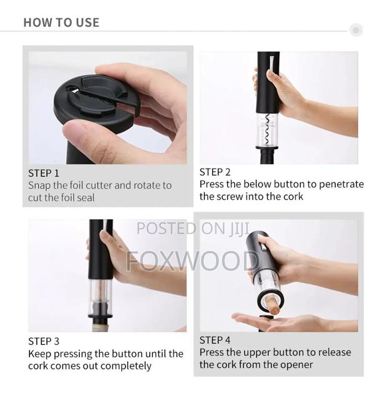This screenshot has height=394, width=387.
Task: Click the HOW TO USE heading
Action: (x=61, y=22)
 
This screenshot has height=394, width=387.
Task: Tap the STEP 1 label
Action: (x=44, y=173)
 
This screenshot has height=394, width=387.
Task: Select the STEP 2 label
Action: (x=215, y=172)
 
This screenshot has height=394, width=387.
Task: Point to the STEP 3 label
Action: (x=44, y=341)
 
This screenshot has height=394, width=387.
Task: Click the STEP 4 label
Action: (x=215, y=340)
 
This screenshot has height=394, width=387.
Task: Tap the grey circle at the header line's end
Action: (x=356, y=29)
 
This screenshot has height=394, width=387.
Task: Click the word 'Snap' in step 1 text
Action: (x=40, y=185)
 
